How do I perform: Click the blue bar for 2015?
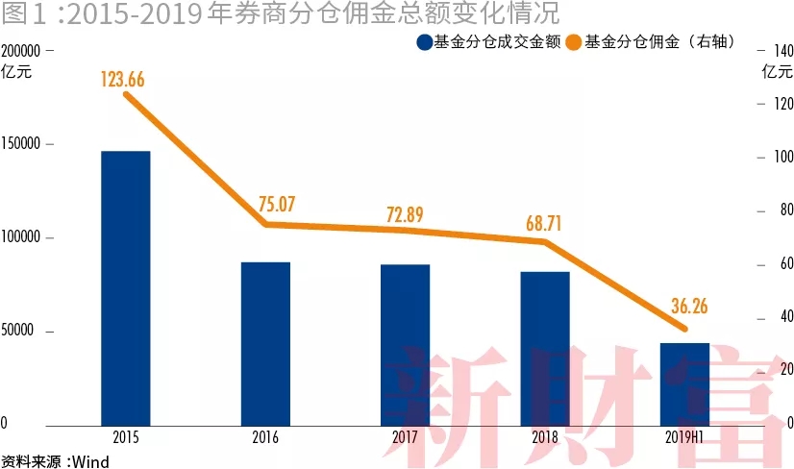pos(125,287)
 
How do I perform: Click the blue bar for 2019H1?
pos(684,383)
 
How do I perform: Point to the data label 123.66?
pos(122,80)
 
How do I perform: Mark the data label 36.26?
pos(685,307)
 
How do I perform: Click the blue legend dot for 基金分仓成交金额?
pos(424,42)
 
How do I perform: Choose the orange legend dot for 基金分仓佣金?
pos(574,42)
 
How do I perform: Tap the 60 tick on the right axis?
pos(772,264)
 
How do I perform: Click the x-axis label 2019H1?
pos(685,437)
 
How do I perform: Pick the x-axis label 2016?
pos(265,437)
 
